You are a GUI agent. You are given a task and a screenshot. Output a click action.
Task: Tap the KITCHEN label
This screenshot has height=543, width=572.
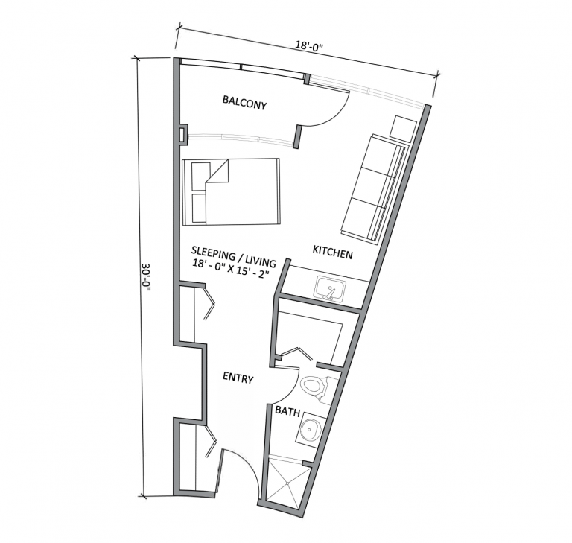(332, 254)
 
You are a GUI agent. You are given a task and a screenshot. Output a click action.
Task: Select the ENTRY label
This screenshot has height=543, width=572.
(238, 379)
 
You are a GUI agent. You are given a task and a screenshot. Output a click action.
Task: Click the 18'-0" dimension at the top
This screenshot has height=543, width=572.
(309, 46)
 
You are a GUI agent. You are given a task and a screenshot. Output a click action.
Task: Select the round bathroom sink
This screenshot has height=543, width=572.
(310, 428)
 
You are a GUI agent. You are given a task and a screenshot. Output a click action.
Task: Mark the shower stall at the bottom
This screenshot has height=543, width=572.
(290, 479)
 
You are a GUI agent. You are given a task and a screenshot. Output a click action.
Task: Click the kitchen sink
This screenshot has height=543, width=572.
(328, 288)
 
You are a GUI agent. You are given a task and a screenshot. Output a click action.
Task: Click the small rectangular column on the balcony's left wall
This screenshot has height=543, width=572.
(181, 135)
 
